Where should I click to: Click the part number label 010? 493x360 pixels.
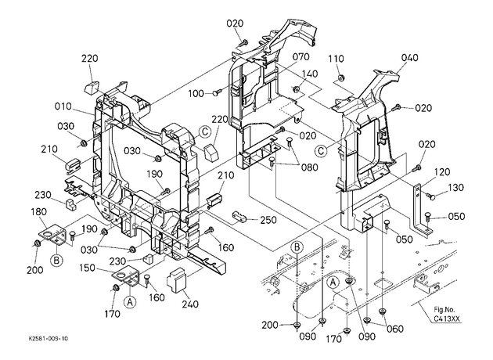pyautogui.click(x=63, y=106)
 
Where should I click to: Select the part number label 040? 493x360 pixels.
pyautogui.click(x=410, y=58)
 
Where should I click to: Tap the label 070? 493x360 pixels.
pyautogui.click(x=301, y=57)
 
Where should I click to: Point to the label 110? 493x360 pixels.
pyautogui.click(x=336, y=59)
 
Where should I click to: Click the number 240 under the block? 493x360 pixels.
pyautogui.click(x=190, y=304)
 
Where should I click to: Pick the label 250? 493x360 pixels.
pyautogui.click(x=268, y=220)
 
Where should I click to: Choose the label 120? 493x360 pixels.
pyautogui.click(x=442, y=172)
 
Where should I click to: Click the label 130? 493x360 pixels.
pyautogui.click(x=455, y=188)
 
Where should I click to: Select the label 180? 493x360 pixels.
pyautogui.click(x=38, y=211)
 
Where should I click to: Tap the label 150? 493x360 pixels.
pyautogui.click(x=87, y=268)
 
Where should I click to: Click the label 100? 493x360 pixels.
pyautogui.click(x=196, y=93)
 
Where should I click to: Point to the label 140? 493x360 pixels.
pyautogui.click(x=310, y=74)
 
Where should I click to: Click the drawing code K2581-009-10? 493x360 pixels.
pyautogui.click(x=48, y=339)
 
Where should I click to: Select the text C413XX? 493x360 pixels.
pyautogui.click(x=447, y=319)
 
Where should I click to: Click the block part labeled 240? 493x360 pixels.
pyautogui.click(x=177, y=280)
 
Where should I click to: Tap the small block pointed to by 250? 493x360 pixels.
pyautogui.click(x=240, y=216)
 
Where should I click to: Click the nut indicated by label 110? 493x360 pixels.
pyautogui.click(x=340, y=77)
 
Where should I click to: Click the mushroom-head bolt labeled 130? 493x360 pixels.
pyautogui.click(x=431, y=196)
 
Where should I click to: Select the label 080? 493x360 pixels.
pyautogui.click(x=310, y=167)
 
